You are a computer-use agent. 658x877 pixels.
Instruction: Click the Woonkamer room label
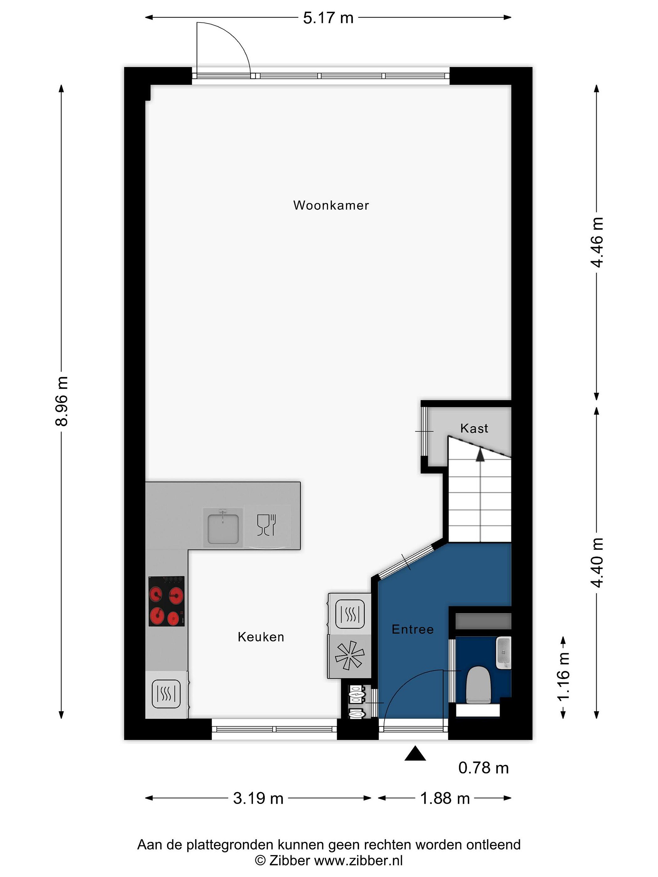(x=331, y=205)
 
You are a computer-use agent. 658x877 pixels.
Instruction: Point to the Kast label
(x=474, y=428)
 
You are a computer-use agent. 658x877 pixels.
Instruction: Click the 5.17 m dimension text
(x=328, y=18)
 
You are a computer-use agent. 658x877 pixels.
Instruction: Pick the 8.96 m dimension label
(x=62, y=401)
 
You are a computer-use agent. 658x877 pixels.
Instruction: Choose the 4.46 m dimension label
(x=597, y=242)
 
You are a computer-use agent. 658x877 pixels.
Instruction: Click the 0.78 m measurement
(x=483, y=768)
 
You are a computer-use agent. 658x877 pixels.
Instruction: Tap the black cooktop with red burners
(x=167, y=601)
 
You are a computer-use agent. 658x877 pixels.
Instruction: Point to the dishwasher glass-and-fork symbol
(x=267, y=525)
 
